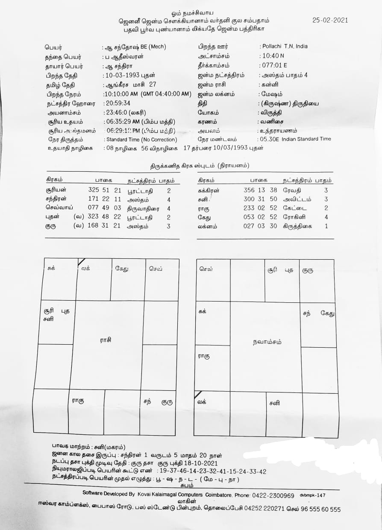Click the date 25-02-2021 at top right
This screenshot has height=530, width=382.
[330, 20]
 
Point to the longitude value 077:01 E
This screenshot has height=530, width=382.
[274, 65]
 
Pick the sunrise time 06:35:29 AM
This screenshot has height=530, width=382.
[124, 121]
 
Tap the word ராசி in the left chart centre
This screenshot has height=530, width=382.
[106, 340]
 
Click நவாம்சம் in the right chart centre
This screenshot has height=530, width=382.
[267, 342]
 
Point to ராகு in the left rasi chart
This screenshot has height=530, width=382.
[77, 401]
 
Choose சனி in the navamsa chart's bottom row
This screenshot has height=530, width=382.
[275, 403]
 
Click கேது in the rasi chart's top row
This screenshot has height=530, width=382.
[122, 269]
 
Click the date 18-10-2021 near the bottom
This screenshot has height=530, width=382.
[202, 463]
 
